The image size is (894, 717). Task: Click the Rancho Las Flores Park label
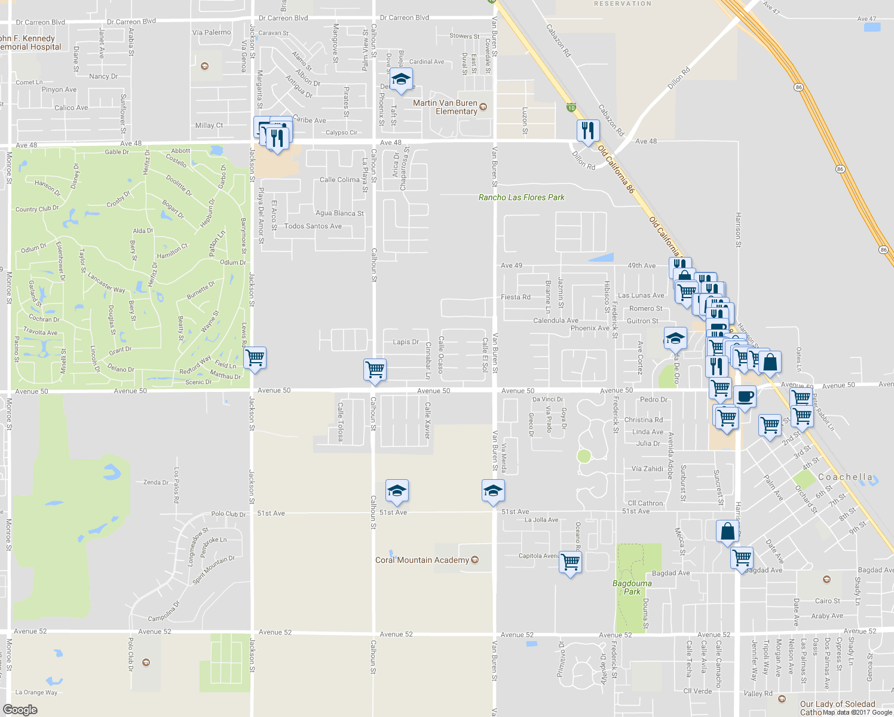tap(521, 197)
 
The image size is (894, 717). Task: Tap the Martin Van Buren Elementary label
tap(445, 107)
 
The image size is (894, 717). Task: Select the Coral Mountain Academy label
tap(422, 560)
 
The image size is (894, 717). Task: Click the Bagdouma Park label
tap(632, 587)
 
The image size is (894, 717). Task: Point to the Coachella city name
tap(845, 477)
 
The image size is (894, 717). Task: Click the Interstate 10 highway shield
tap(571, 108)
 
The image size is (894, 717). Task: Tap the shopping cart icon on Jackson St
tap(255, 358)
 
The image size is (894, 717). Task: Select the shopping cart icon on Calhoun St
tap(375, 369)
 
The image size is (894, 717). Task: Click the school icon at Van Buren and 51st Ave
tap(492, 491)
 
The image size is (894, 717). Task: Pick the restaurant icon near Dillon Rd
tap(588, 130)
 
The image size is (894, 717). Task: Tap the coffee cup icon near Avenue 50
tap(745, 396)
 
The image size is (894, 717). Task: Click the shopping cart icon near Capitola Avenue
tap(571, 562)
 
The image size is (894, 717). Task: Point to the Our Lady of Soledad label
tap(837, 704)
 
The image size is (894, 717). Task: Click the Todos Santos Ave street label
tap(313, 226)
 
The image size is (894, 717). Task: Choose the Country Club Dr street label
tap(37, 209)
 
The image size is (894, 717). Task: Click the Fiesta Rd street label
tap(515, 297)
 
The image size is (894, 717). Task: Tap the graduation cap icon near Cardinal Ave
tap(402, 79)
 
